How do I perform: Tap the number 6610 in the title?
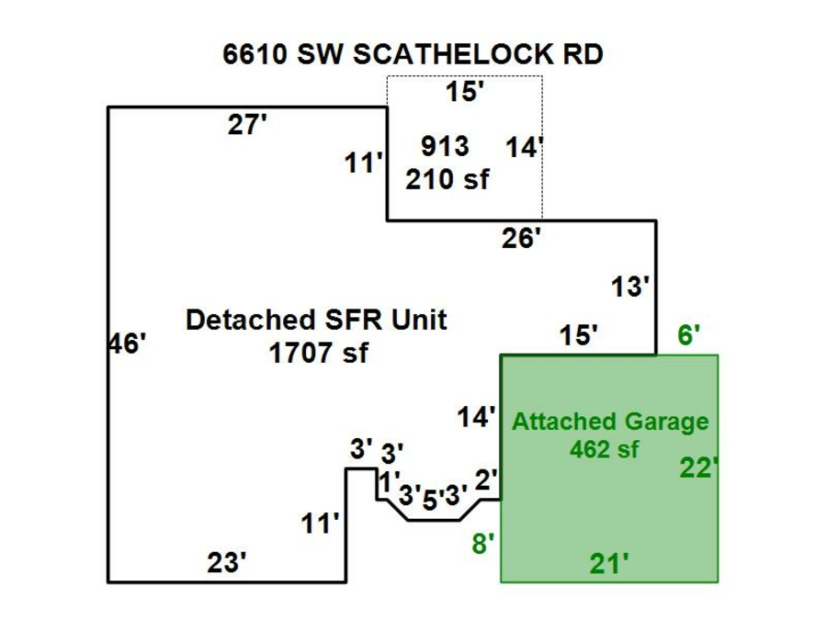[x=255, y=54]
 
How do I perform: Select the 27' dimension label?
[x=247, y=126]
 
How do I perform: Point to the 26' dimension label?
[x=521, y=239]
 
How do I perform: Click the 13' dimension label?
[x=631, y=287]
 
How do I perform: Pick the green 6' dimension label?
[x=689, y=336]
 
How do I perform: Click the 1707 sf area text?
[x=318, y=352]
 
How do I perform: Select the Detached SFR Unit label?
[x=316, y=321]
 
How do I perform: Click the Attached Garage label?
[x=610, y=422]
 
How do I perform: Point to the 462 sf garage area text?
[x=604, y=449]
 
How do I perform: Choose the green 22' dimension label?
[x=697, y=468]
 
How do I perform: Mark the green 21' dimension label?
[x=609, y=561]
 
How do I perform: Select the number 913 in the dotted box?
[x=445, y=146]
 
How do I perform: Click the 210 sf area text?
[x=447, y=179]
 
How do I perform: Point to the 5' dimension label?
[x=431, y=500]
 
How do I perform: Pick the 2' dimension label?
[x=487, y=479]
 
